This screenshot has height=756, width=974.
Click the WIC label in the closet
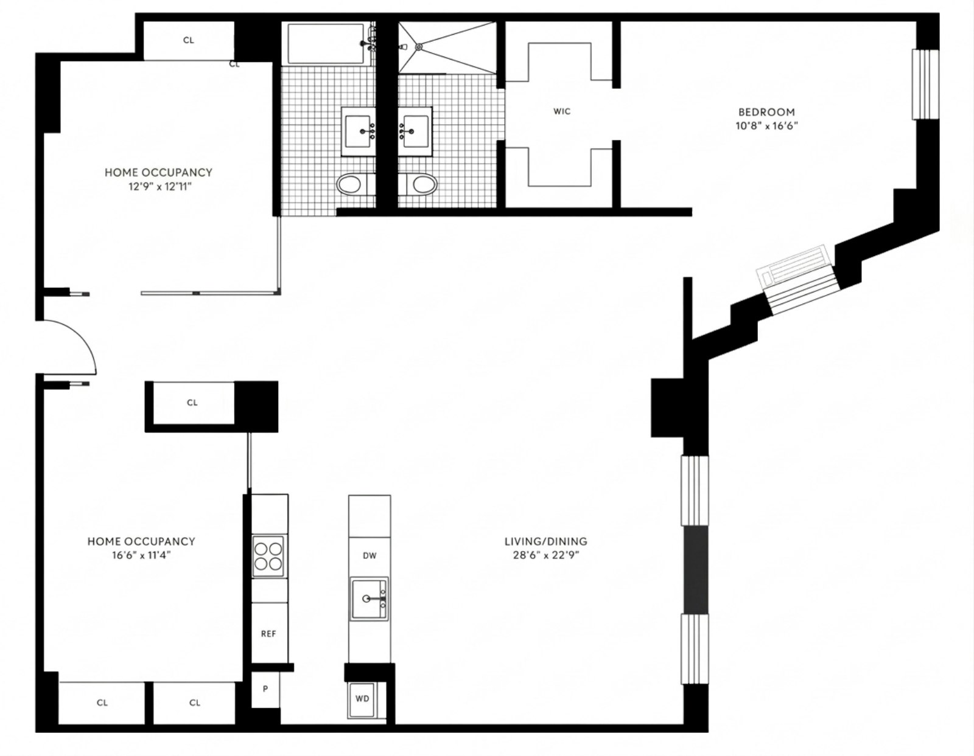coord(562,111)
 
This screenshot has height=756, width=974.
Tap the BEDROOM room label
coord(766,112)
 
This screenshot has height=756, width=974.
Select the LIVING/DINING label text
coord(545,541)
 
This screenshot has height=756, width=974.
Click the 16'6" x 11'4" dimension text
coord(141,555)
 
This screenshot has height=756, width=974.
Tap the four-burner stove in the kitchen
coord(268,556)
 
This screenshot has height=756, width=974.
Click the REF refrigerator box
coord(268,633)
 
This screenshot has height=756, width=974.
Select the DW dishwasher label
coord(369,555)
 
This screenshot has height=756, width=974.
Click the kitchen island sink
coord(369,598)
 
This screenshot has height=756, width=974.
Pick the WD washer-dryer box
coord(362,699)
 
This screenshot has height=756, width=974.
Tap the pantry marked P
coord(265,689)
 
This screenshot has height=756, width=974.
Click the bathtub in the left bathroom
coord(326,43)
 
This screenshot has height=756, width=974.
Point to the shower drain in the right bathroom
coord(418,47)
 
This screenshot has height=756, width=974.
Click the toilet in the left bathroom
coord(349,184)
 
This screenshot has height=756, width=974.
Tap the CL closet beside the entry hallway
coord(192,403)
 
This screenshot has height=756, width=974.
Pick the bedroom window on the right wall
coord(925,84)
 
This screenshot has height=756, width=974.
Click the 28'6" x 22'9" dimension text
coord(545,555)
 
